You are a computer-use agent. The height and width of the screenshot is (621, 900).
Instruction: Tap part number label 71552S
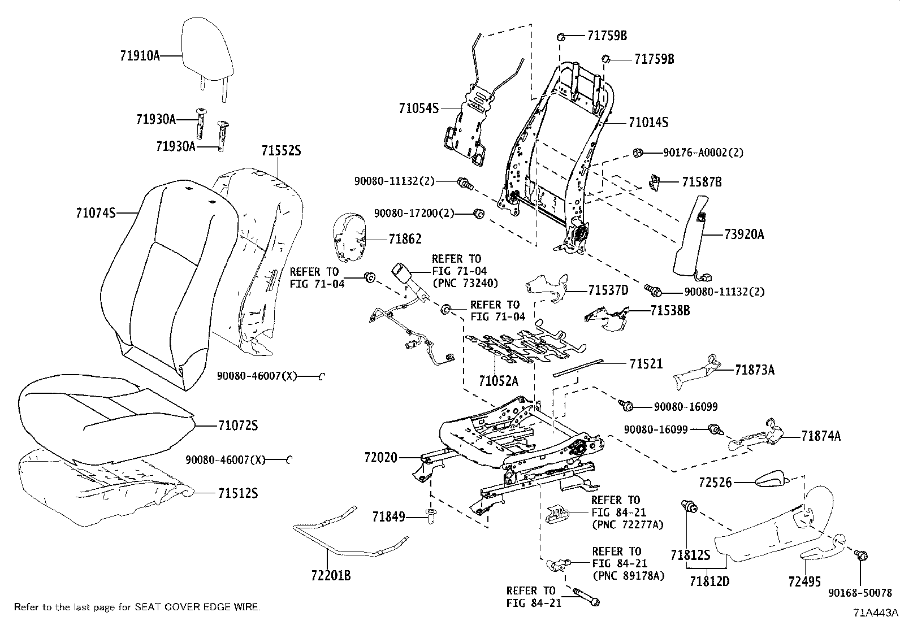tap(281, 151)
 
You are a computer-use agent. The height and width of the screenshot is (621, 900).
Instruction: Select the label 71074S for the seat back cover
tap(96, 213)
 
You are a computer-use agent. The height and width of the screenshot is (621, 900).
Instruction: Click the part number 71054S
tap(419, 108)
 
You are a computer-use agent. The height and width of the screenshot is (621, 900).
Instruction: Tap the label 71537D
tap(608, 290)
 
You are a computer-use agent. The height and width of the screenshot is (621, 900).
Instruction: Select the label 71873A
tap(754, 370)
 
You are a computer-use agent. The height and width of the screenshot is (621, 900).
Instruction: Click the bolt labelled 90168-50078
tap(862, 556)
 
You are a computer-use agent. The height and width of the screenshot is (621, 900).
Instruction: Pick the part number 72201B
tap(331, 576)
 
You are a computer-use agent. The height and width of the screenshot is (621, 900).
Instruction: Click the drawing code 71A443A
tap(875, 613)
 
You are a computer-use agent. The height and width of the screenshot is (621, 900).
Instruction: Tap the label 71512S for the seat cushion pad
tap(238, 493)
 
